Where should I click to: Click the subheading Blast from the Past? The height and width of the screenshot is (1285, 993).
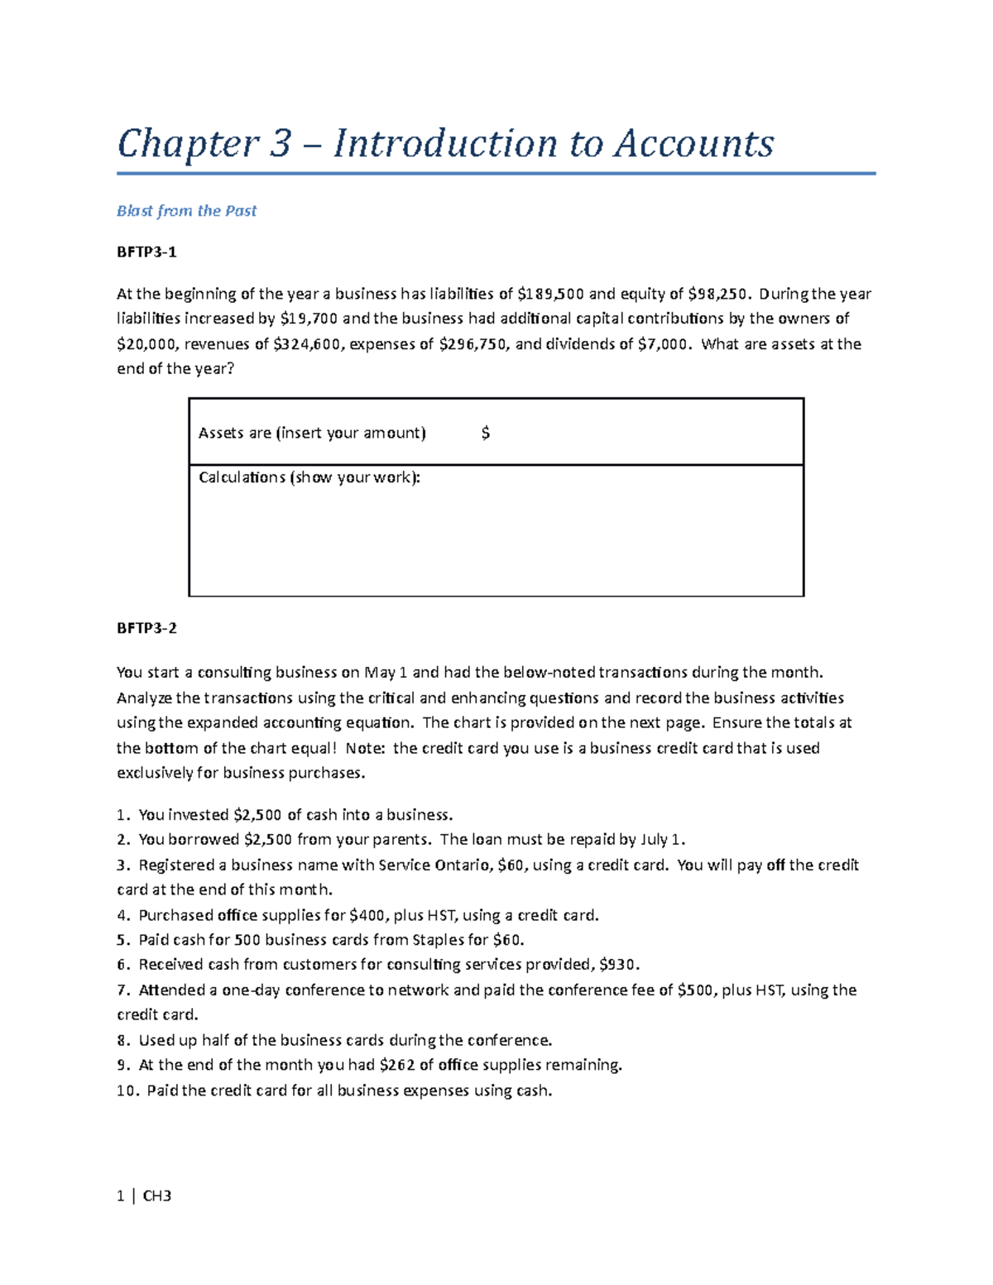click(186, 211)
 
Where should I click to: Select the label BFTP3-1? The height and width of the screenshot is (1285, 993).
click(146, 252)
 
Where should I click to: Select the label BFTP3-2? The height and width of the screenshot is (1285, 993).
click(146, 628)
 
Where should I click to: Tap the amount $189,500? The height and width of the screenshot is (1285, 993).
click(550, 294)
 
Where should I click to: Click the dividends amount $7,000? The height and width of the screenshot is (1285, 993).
click(663, 344)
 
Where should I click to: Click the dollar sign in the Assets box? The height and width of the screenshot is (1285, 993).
click(486, 433)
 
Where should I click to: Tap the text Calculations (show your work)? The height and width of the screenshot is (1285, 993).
click(309, 477)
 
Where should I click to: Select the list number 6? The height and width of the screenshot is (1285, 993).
click(122, 965)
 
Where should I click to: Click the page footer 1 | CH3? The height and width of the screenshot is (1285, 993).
click(144, 1196)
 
